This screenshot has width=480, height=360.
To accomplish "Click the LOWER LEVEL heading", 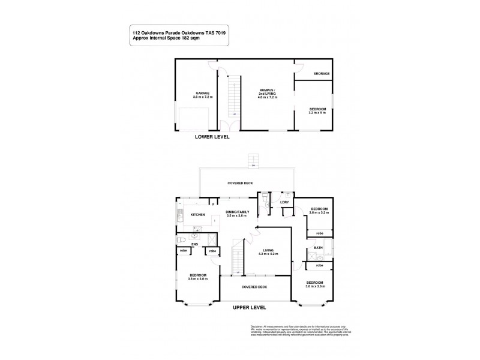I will click(212, 137).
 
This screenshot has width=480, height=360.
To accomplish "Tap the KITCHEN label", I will click(198, 214).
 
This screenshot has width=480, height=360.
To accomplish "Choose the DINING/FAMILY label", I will click(237, 212).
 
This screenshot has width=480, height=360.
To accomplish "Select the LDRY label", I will click(284, 202).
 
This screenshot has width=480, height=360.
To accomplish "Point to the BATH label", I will click(318, 248).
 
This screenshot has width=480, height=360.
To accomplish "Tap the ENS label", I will click(194, 245).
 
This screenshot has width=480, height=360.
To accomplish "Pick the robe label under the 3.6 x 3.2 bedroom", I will click(320, 232).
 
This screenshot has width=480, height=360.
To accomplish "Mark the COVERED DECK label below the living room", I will click(254, 287).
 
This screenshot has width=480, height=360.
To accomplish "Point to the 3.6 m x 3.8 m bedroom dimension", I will click(198, 278).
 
